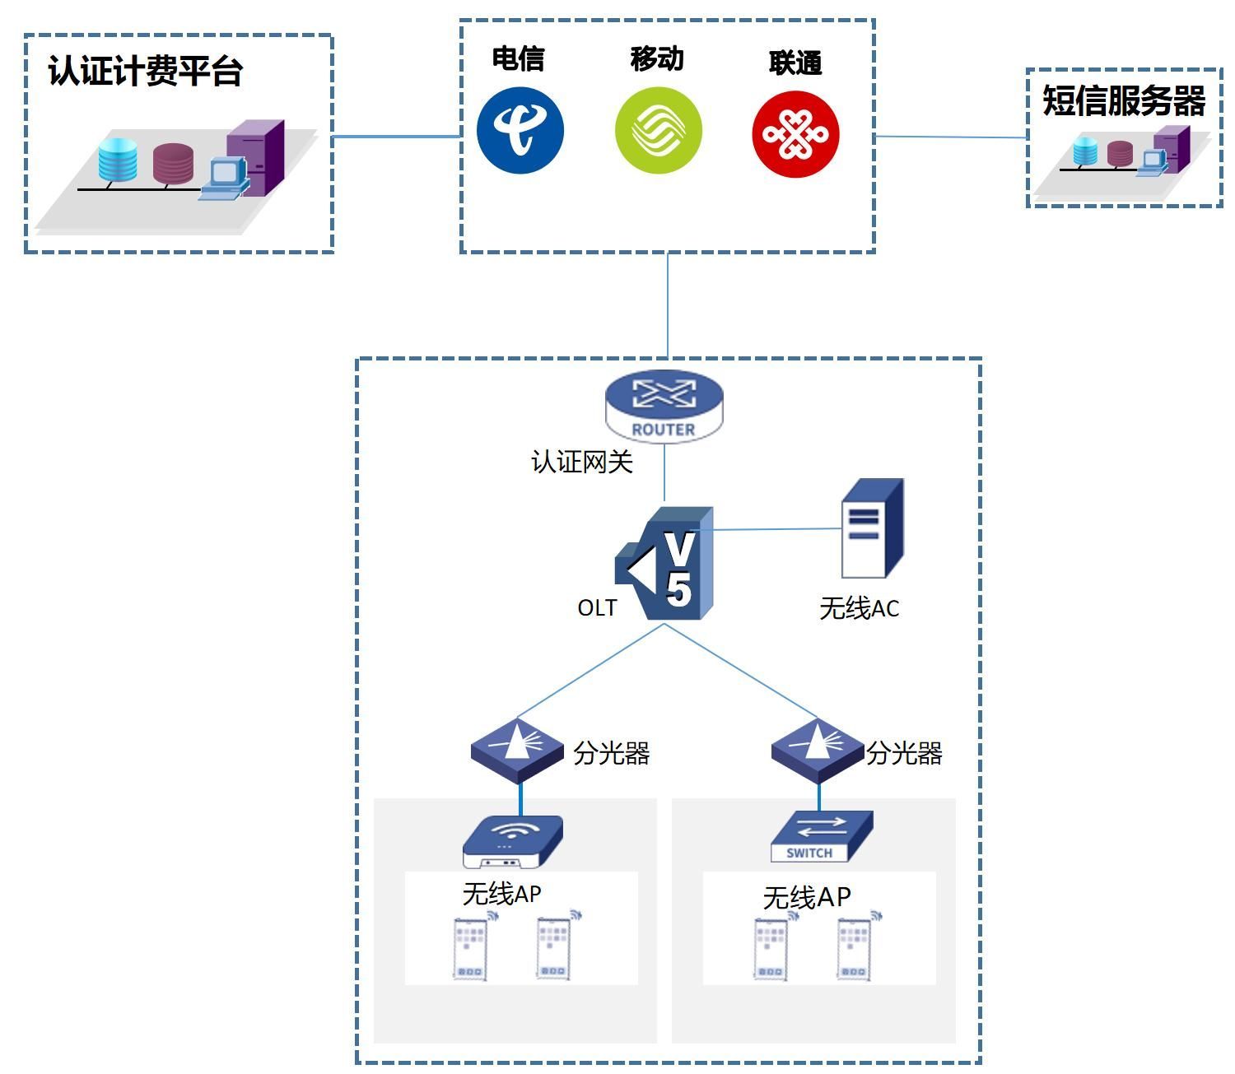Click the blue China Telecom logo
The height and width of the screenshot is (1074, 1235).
(x=520, y=131)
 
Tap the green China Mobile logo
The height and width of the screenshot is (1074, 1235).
(x=659, y=131)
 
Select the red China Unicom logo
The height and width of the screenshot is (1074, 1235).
(x=795, y=134)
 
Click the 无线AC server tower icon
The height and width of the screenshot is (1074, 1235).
(x=872, y=529)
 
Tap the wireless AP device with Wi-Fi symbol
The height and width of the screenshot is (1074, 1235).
(x=512, y=842)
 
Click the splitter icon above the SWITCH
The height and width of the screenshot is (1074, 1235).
(x=818, y=750)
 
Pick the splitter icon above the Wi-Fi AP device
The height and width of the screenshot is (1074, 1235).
(x=518, y=750)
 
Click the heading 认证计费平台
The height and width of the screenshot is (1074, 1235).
(x=146, y=71)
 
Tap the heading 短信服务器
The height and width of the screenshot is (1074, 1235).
(x=1124, y=100)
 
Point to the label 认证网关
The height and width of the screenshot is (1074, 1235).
(x=582, y=462)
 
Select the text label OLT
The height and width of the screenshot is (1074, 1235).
(x=597, y=608)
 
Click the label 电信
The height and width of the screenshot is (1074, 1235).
(x=518, y=58)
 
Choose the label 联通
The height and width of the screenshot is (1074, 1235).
(x=795, y=63)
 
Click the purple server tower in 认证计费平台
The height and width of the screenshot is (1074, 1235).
(x=256, y=157)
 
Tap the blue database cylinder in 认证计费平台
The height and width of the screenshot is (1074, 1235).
(x=118, y=160)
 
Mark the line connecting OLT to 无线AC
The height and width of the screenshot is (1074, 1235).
(x=774, y=529)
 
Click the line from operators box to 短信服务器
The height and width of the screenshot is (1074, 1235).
(x=951, y=137)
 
